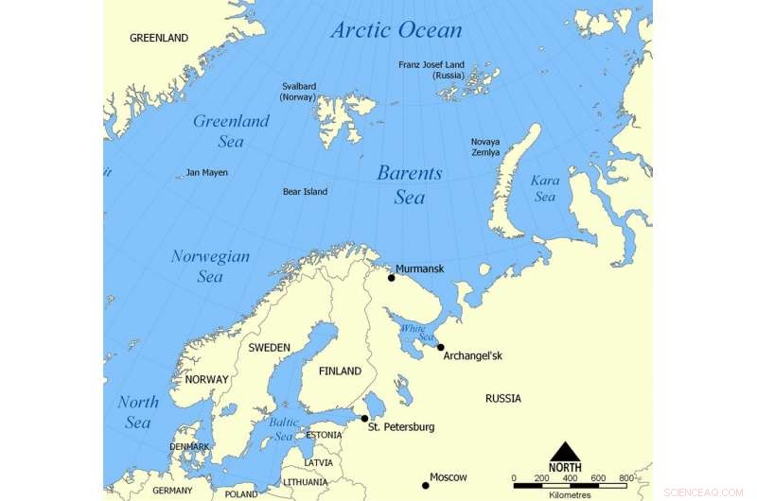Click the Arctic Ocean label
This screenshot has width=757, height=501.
tap(396, 30)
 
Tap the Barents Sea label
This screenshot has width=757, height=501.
tap(409, 184)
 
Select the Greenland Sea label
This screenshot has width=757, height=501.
tap(231, 130)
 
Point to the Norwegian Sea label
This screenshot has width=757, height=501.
tap(210, 266)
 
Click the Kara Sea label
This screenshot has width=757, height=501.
tap(545, 187)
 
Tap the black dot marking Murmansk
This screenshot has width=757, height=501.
tap(391, 278)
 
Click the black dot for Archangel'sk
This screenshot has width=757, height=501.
tap(440, 347)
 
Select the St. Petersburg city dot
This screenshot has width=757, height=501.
tap(364, 418)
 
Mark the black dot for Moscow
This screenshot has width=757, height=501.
tap(426, 486)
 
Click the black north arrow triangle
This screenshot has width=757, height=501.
tap(565, 451)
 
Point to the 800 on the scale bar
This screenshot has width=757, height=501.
tap(626, 478)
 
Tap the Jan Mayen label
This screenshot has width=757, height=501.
tap(206, 173)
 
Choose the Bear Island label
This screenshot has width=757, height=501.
tap(305, 192)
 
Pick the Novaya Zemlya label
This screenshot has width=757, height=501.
tap(485, 147)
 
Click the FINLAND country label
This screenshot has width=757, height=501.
tap(341, 371)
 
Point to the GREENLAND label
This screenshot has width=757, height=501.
tap(159, 38)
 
